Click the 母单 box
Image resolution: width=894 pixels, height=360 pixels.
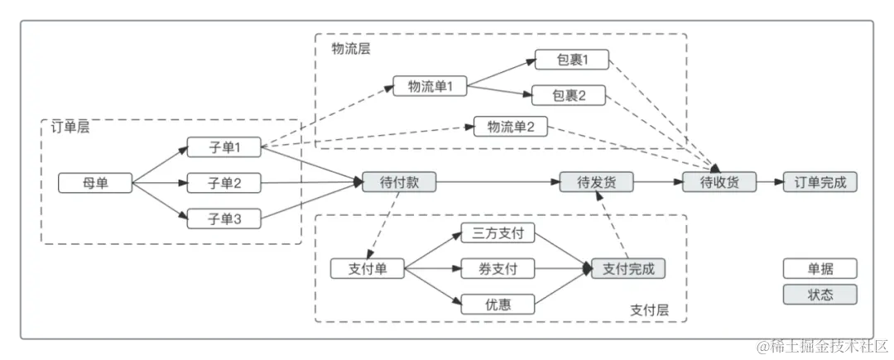[x=95, y=183]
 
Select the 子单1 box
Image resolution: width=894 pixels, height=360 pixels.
[x=223, y=148]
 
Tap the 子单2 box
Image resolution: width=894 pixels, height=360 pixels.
[x=223, y=183]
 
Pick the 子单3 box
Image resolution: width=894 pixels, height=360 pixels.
[x=223, y=218]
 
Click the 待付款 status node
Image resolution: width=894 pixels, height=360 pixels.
[x=399, y=183]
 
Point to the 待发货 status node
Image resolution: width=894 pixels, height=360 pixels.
[x=596, y=183]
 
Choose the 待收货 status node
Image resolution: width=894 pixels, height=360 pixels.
[x=719, y=183]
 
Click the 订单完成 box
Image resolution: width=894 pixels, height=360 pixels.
[x=820, y=183]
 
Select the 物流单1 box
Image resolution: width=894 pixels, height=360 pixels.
[x=430, y=86]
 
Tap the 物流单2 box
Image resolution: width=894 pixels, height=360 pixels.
[x=511, y=127]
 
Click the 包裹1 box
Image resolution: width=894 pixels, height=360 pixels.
[x=571, y=60]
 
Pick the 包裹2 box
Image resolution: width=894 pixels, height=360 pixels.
[x=569, y=95]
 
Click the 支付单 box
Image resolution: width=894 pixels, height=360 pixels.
[x=367, y=269]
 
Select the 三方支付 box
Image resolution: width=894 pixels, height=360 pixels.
[x=497, y=233]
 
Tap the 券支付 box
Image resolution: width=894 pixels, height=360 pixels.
[x=497, y=269]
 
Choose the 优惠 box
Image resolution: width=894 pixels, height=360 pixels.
[x=497, y=305]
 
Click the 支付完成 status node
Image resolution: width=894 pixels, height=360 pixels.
[x=628, y=269]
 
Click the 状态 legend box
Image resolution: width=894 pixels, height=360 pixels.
[x=820, y=295]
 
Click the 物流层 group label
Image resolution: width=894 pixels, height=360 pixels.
[x=351, y=49]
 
